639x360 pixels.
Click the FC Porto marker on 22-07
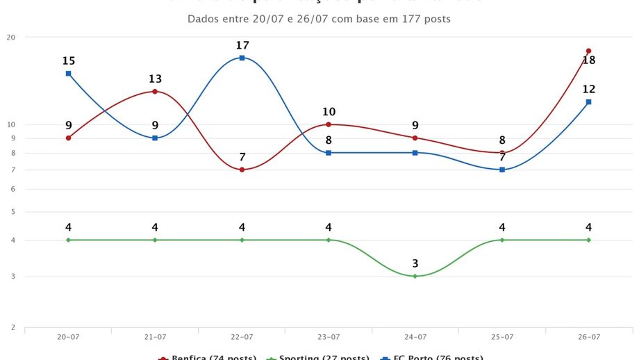tap(242, 58)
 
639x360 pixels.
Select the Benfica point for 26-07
tap(588, 51)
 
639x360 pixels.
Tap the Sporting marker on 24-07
tap(415, 276)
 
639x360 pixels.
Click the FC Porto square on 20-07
tap(68, 73)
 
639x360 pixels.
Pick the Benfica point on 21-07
tap(155, 91)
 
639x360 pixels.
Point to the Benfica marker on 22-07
tap(242, 170)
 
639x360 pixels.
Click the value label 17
tap(242, 45)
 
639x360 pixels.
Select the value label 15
tap(68, 61)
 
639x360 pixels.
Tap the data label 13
tap(155, 79)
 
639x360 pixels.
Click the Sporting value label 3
tap(415, 263)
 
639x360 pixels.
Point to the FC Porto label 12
tap(588, 89)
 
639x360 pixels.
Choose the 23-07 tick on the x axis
tap(328, 336)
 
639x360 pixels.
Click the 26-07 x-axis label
tap(588, 336)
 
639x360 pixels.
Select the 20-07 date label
tap(68, 336)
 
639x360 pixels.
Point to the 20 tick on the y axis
tap(11, 38)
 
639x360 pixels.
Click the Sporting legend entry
tap(319, 357)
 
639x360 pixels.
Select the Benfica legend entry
tap(208, 357)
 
